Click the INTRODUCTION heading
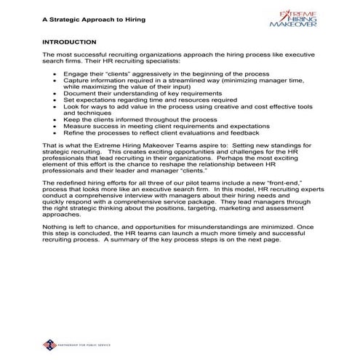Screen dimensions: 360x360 pos(70,43)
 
